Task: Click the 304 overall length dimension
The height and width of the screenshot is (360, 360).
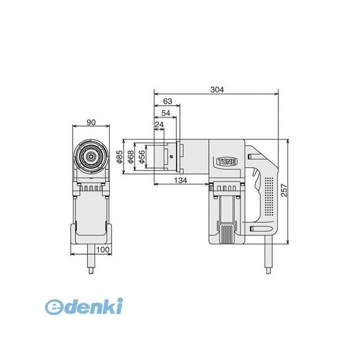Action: tap(217, 89)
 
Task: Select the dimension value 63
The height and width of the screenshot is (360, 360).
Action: tap(167, 101)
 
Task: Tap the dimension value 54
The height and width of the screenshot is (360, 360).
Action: tap(166, 113)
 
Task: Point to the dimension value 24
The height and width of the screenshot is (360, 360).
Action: tap(159, 125)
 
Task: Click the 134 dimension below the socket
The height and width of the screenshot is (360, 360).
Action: tap(181, 181)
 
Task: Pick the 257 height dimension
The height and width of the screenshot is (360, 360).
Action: tap(284, 190)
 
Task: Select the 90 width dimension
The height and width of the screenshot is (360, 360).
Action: tap(91, 122)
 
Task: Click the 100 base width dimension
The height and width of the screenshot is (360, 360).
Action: tap(103, 250)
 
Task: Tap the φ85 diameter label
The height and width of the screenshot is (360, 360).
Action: tap(119, 157)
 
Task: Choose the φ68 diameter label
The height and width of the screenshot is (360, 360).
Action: tap(130, 157)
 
